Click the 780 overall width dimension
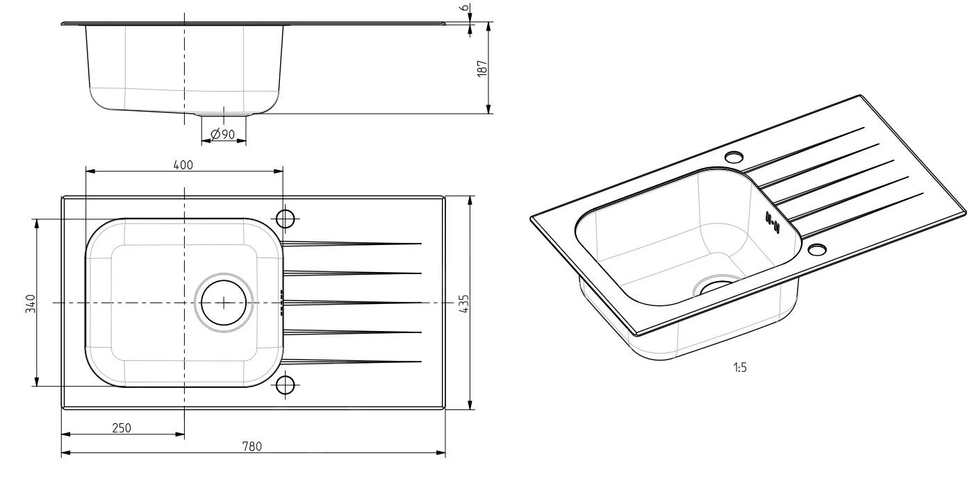click(x=252, y=446)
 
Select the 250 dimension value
click(x=122, y=427)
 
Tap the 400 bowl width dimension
click(x=183, y=164)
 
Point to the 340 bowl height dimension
click(x=30, y=303)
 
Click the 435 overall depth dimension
click(x=463, y=303)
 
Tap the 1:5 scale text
click(x=740, y=368)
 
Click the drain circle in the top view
click(x=224, y=303)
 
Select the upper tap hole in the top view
click(x=286, y=219)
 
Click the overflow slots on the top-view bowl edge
click(x=281, y=303)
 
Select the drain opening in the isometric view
click(x=716, y=282)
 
